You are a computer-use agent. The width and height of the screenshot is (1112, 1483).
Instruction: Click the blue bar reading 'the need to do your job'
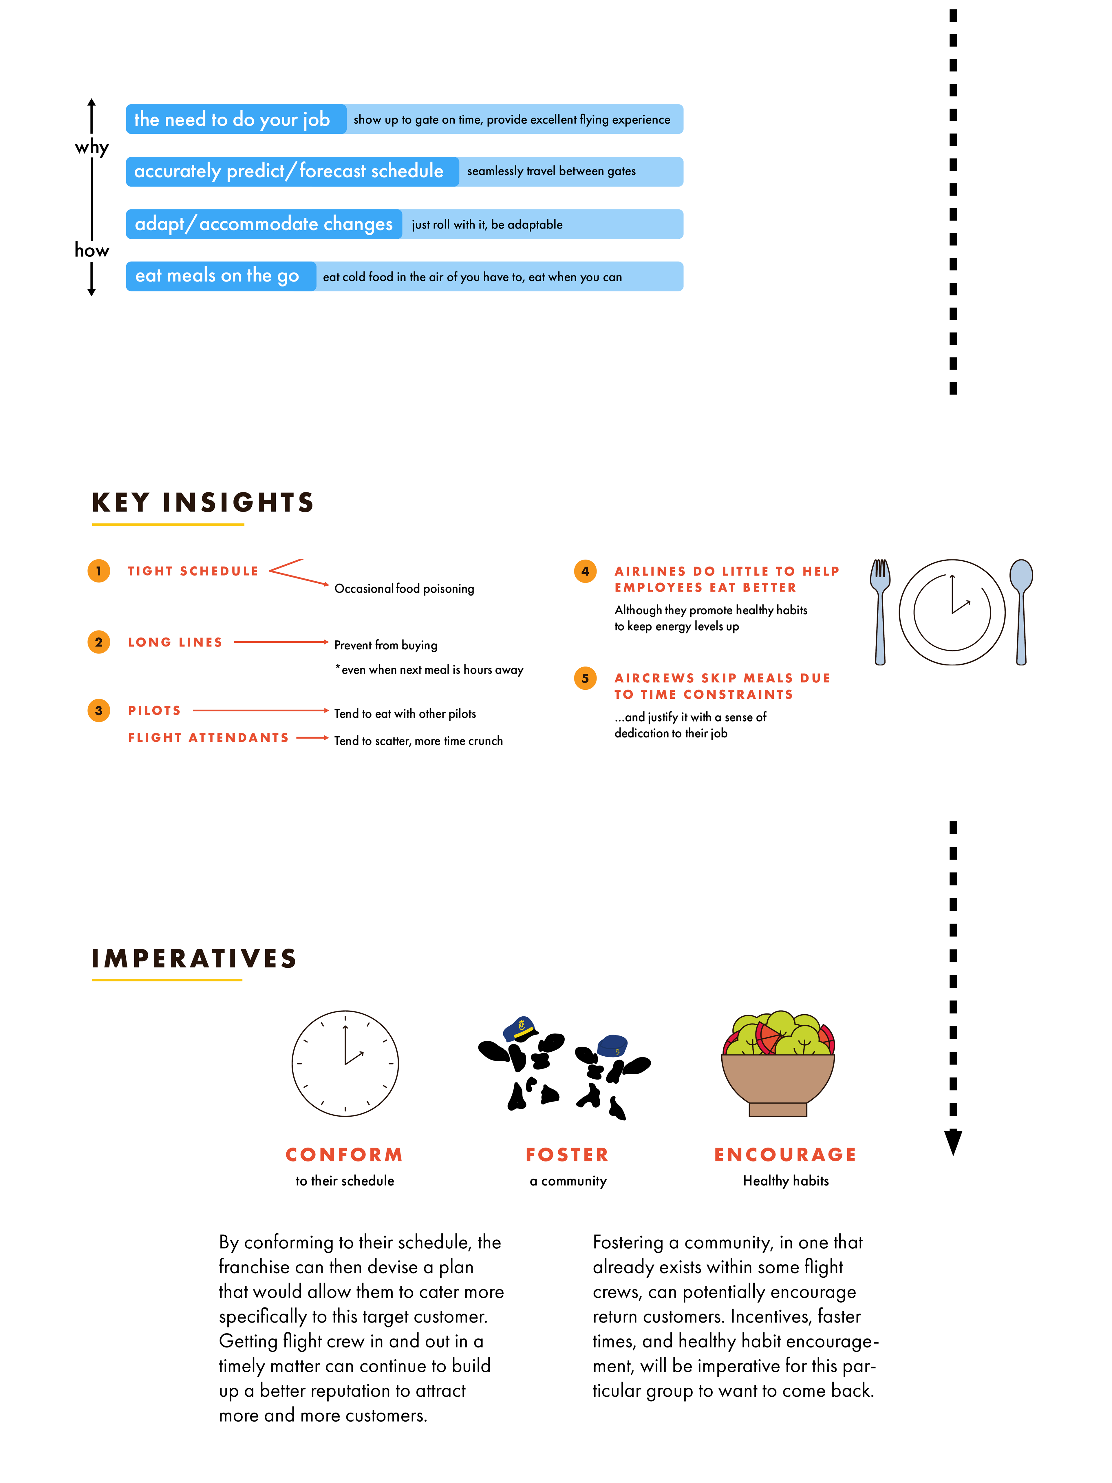(x=404, y=119)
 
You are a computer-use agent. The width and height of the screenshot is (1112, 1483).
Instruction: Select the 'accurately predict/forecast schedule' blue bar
(x=404, y=172)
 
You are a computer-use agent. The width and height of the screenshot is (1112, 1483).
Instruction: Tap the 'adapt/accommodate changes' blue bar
(x=404, y=224)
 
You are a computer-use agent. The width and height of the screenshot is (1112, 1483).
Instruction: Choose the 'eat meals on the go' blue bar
(x=404, y=276)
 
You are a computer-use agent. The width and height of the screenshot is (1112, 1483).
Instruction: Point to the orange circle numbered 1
(x=98, y=571)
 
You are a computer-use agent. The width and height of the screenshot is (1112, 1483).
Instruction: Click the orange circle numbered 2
(x=98, y=642)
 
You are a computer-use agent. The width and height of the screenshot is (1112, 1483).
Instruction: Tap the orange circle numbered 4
(x=585, y=571)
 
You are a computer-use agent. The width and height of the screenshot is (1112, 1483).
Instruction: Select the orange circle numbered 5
(x=585, y=678)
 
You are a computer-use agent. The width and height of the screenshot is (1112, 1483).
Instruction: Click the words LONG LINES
(x=175, y=642)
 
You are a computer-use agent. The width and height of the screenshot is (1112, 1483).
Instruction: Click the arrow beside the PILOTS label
(x=261, y=710)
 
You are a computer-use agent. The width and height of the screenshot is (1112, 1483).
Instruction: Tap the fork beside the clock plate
(x=880, y=611)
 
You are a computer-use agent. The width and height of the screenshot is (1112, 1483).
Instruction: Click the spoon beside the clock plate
(x=1021, y=611)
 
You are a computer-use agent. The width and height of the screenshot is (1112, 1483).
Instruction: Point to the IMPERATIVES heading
(x=194, y=959)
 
